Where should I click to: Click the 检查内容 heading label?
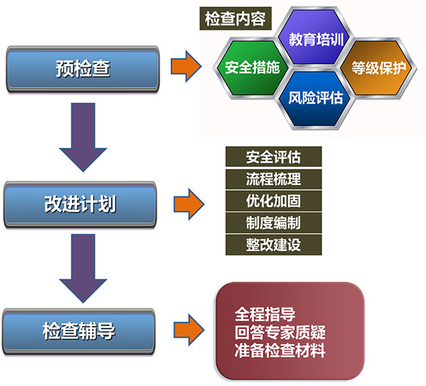235,18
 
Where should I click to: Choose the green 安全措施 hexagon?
252,68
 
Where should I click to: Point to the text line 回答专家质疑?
280,333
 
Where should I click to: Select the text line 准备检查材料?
280,350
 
